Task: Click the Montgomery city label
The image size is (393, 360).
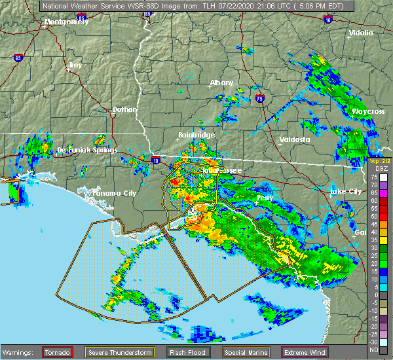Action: click(65, 22)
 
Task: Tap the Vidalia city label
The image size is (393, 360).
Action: click(361, 33)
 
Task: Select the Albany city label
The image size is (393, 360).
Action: click(221, 83)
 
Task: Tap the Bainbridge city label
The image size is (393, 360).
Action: click(196, 135)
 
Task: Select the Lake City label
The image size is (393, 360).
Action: click(345, 191)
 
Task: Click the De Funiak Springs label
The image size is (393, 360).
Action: click(87, 150)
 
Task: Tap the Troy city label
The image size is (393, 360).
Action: click(75, 65)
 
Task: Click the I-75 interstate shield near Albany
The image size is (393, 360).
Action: click(260, 98)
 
